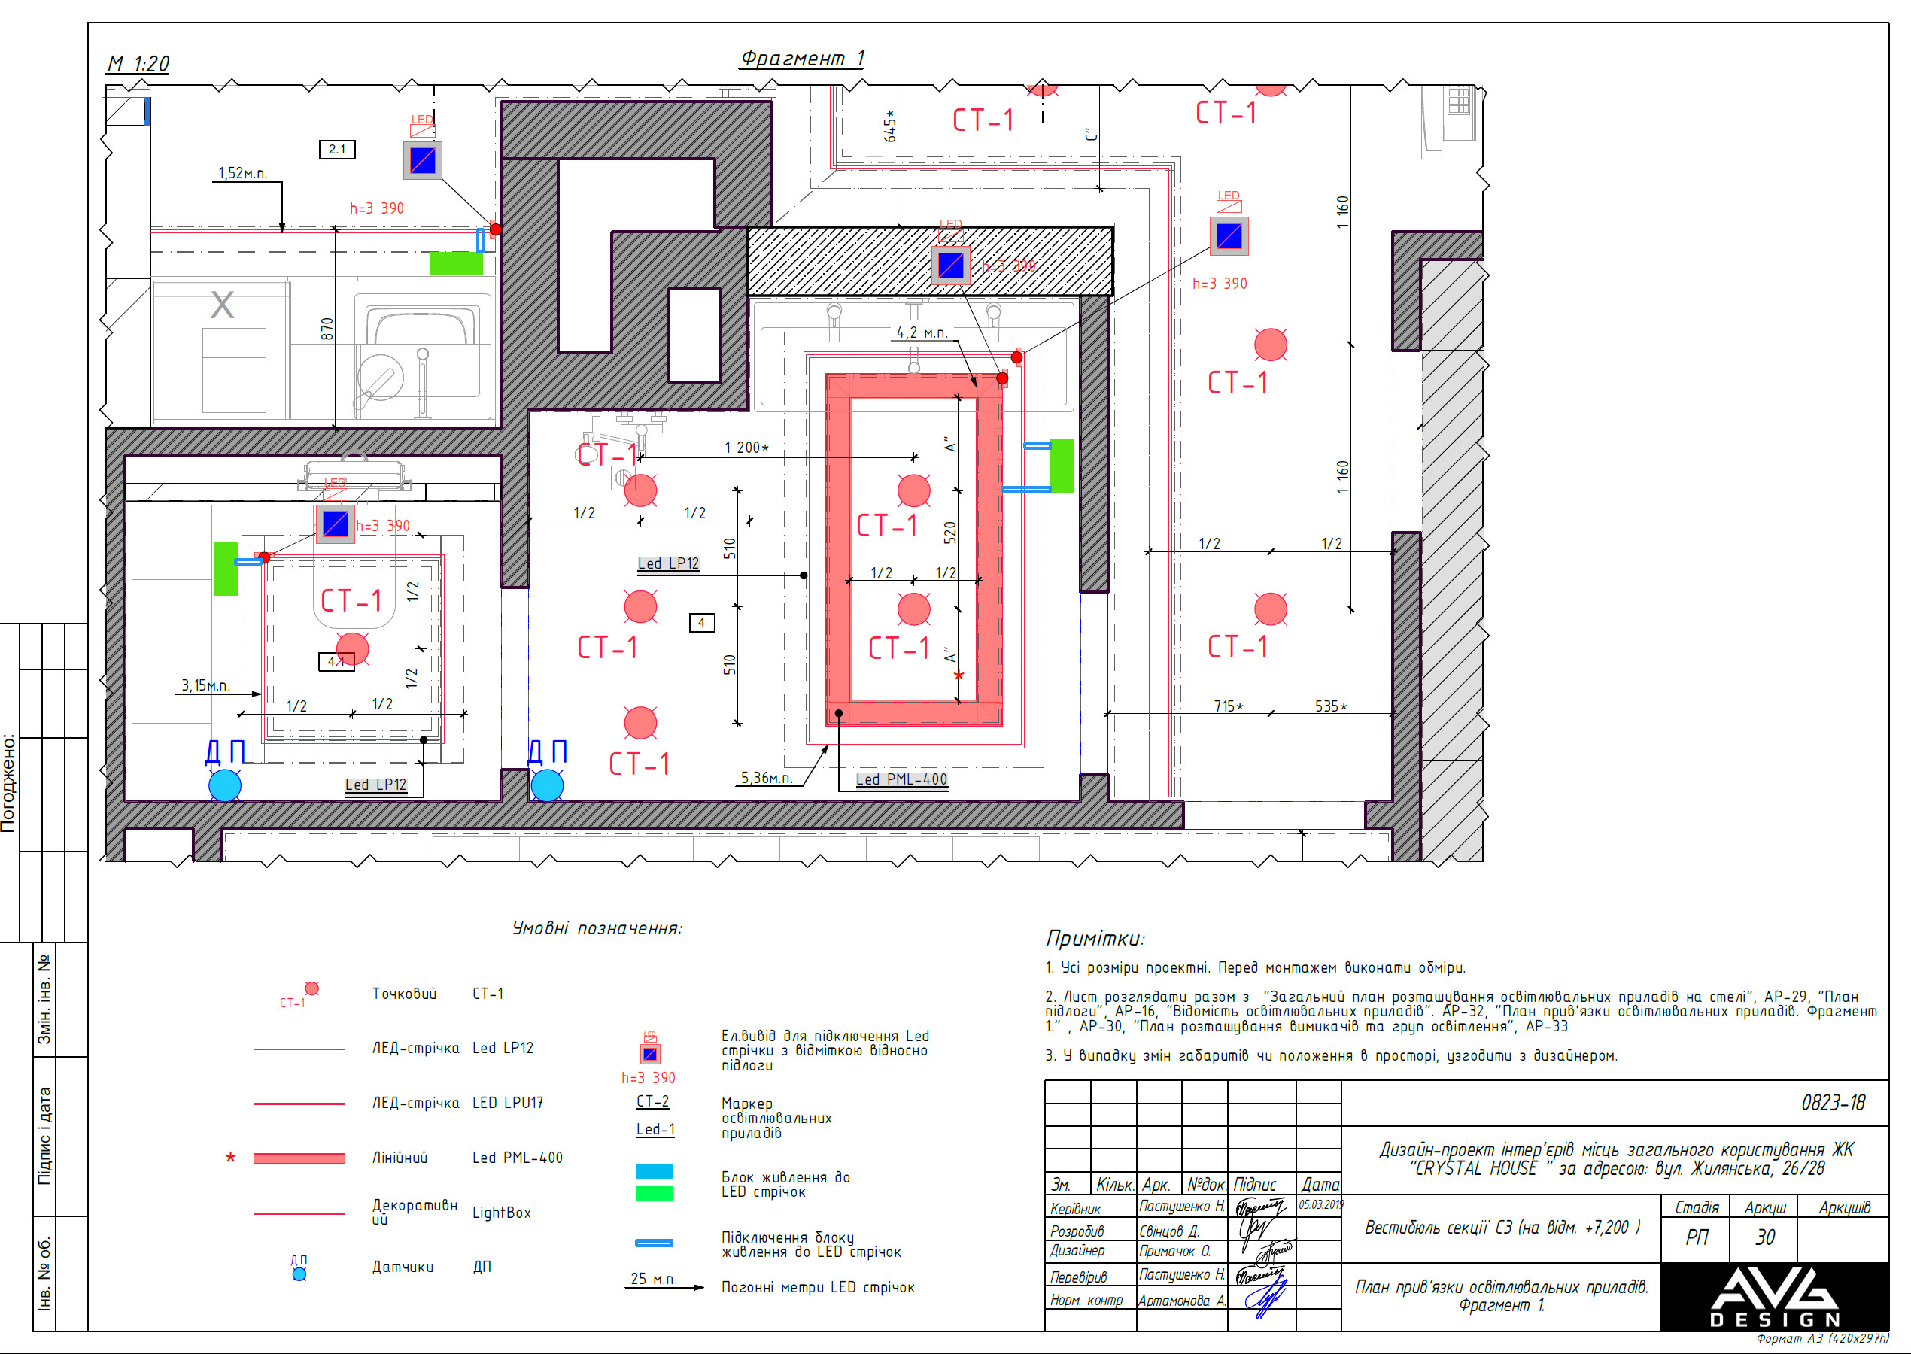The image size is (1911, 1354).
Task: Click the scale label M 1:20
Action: click(x=138, y=64)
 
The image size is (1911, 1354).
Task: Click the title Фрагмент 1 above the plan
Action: click(x=802, y=59)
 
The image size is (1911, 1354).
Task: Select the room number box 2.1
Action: click(x=337, y=149)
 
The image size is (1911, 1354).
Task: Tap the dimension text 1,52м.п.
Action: click(x=242, y=174)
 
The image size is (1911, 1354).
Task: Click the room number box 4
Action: click(x=701, y=622)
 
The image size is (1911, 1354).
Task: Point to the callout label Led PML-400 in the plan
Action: click(x=901, y=779)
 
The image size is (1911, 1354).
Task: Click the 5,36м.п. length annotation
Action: click(x=766, y=778)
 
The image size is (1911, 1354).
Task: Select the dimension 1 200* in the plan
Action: click(x=746, y=448)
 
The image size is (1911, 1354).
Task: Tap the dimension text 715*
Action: click(x=1228, y=706)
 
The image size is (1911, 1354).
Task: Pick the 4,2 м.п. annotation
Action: click(x=922, y=332)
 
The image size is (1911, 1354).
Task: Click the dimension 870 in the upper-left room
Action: click(x=327, y=329)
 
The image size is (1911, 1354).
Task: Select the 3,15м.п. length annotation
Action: click(x=205, y=685)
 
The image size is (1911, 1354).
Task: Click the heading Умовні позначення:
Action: click(x=597, y=929)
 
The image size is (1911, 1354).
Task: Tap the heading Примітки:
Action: click(x=1095, y=939)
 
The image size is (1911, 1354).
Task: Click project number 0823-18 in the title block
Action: click(x=1833, y=1103)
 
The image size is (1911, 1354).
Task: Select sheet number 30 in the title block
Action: click(x=1764, y=1237)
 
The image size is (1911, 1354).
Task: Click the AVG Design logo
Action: click(x=1774, y=1297)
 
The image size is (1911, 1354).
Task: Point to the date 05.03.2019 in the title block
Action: click(x=1320, y=1205)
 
